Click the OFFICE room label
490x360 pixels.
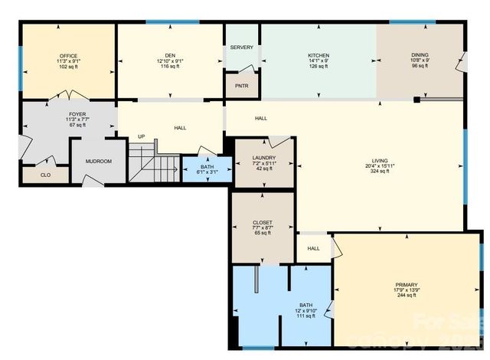point(69,56)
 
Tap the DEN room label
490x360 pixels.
point(169,56)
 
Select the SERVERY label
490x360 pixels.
point(241,47)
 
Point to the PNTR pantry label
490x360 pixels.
point(241,86)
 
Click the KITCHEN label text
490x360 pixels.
point(318,56)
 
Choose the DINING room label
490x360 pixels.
point(420,56)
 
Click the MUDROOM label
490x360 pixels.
point(99,162)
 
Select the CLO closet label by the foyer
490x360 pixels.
point(34,175)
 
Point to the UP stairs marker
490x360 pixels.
point(141,137)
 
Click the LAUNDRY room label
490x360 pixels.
point(263,158)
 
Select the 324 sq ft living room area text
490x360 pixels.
point(381,172)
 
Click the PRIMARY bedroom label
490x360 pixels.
point(407,284)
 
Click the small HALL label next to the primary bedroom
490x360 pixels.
point(313,248)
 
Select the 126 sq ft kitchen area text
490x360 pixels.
point(318,67)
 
